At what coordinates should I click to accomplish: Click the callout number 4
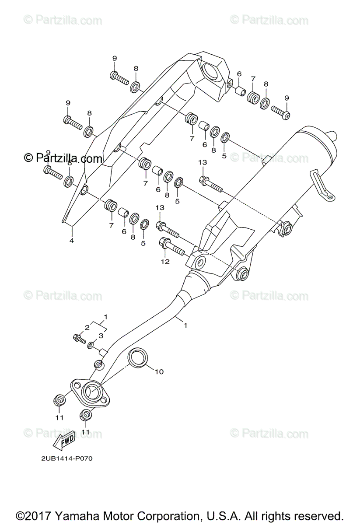coord(72,240)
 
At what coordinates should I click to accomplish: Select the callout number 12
coord(165,262)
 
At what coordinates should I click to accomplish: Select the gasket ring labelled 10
coord(137,357)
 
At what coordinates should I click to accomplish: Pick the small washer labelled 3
coord(90,346)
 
